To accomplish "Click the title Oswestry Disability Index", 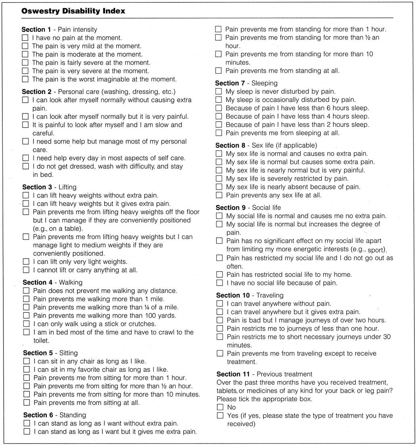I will click(x=73, y=11).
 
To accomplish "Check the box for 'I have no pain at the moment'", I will click(x=25, y=38).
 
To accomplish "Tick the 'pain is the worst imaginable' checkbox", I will click(x=25, y=79).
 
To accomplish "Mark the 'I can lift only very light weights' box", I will click(x=26, y=261).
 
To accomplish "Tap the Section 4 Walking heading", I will click(x=52, y=282).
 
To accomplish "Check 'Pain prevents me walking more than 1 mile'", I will click(x=26, y=299).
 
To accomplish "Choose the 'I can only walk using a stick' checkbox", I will click(x=26, y=324).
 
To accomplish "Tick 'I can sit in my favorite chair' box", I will click(x=27, y=369).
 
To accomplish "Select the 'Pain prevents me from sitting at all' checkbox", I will click(x=27, y=402).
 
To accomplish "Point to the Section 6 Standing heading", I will click(x=54, y=415).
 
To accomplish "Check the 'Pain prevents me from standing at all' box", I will click(x=218, y=71).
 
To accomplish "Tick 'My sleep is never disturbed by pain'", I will click(x=218, y=92).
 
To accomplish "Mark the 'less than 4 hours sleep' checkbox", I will click(x=218, y=116).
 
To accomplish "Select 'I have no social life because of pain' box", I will click(x=219, y=283).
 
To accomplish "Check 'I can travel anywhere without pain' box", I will click(x=220, y=304).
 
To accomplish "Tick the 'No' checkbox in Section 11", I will click(x=220, y=407).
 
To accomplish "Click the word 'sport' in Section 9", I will click(x=377, y=249).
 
